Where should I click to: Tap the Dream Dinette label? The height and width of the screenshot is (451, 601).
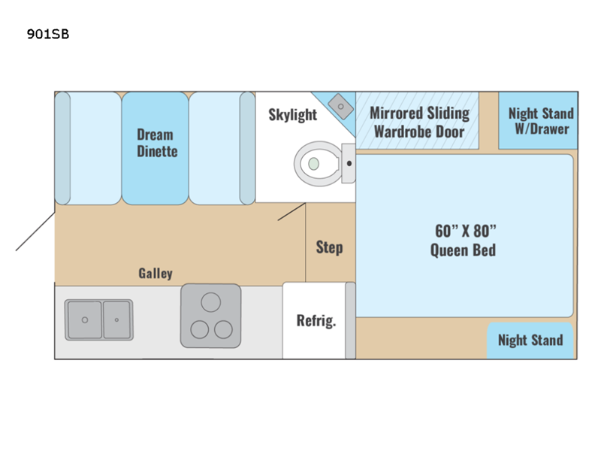155,143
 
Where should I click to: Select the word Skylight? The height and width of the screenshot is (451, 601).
293,115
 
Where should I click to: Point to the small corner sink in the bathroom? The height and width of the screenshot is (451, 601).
342,107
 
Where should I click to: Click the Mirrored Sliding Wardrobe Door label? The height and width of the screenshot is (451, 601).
418,123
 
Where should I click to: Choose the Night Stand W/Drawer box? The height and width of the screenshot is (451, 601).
540,121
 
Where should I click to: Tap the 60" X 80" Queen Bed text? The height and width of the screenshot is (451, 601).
463,240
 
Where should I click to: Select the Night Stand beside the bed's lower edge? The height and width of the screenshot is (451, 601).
530,340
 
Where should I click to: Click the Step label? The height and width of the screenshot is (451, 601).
329,247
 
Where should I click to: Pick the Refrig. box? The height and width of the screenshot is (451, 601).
316,321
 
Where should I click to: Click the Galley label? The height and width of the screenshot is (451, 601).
156,273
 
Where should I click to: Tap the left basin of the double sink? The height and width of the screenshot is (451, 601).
84,319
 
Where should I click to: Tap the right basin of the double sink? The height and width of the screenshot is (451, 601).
116,319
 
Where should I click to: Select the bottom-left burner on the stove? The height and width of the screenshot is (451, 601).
200,328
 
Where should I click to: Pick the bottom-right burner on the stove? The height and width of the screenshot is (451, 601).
223,328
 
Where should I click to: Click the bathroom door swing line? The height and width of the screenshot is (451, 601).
291,211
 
